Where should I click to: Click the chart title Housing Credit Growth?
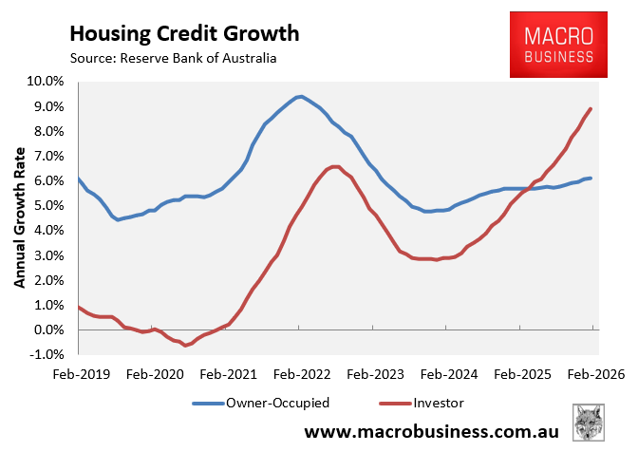[x=184, y=34]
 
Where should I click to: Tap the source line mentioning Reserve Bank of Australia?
[x=173, y=60]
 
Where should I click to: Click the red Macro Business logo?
[x=559, y=45]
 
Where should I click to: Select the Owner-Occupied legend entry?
[x=260, y=403]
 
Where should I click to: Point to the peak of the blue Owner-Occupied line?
[x=300, y=96]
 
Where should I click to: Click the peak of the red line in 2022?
[x=335, y=166]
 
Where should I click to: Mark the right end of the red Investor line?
[x=591, y=108]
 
